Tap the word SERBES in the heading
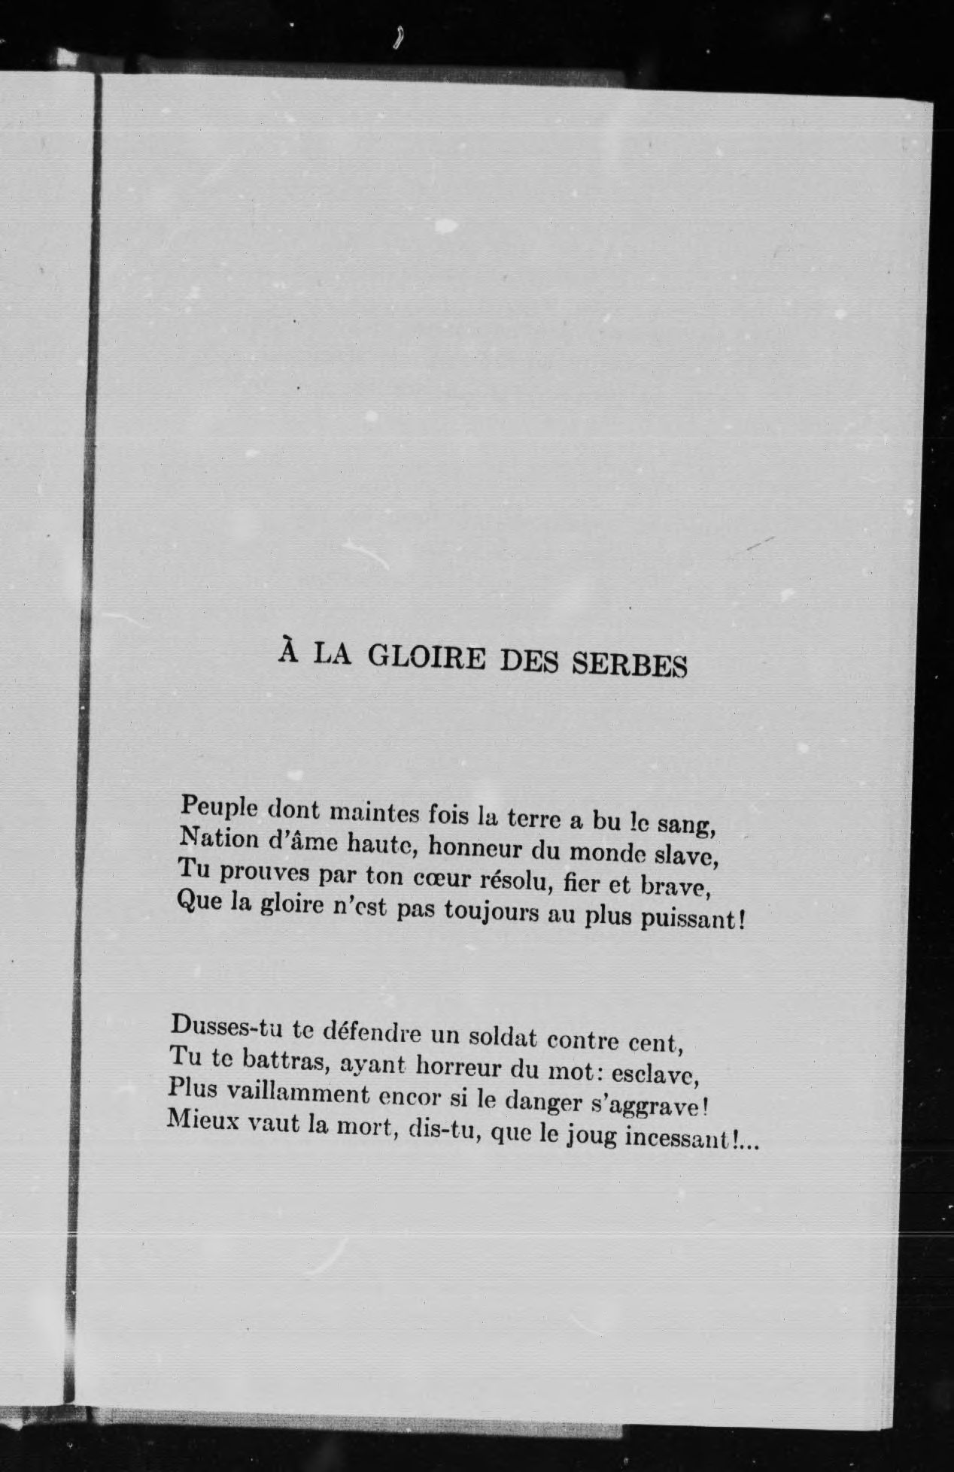[x=630, y=665]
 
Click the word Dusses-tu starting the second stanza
[x=221, y=1026]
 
